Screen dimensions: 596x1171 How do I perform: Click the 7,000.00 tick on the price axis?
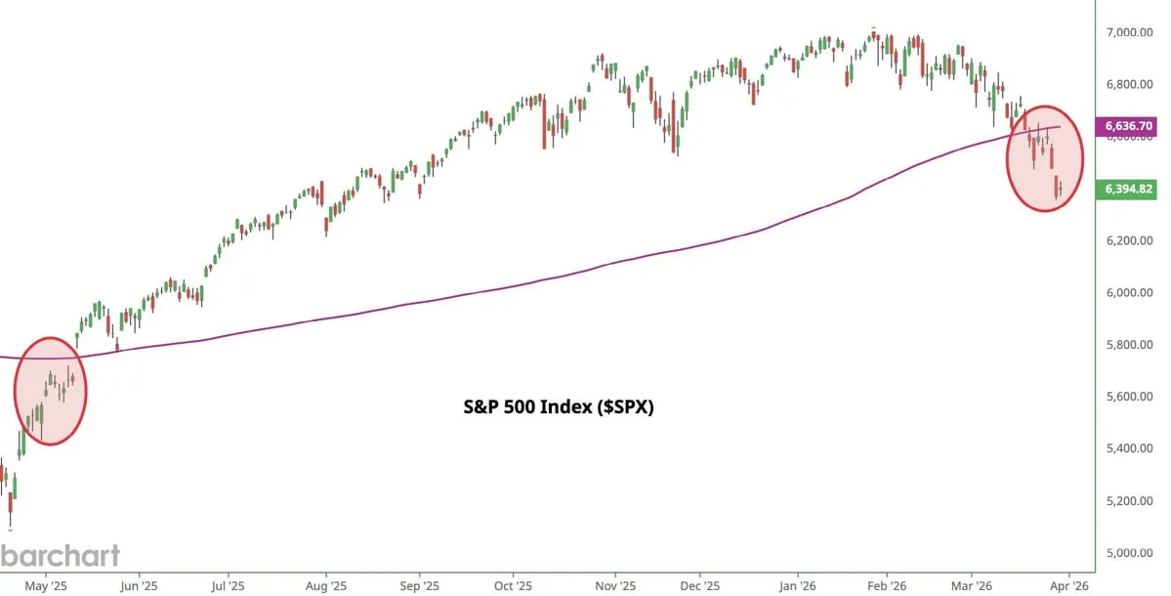click(1130, 32)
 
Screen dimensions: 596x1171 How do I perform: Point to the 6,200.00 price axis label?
click(1130, 240)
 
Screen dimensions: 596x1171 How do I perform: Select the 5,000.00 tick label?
click(1130, 552)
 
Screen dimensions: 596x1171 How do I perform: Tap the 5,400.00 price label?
click(1130, 448)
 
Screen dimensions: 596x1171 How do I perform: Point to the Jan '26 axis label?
click(797, 587)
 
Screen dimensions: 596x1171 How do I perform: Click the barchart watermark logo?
click(61, 556)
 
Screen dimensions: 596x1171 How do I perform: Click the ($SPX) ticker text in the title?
click(619, 407)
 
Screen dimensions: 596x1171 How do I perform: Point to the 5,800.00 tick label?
click(1130, 344)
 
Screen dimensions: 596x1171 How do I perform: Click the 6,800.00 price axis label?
click(1130, 84)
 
